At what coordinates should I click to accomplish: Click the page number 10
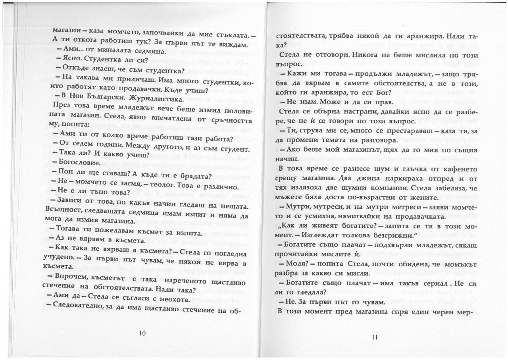[x=143, y=333]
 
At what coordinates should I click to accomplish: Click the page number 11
[x=375, y=337]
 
